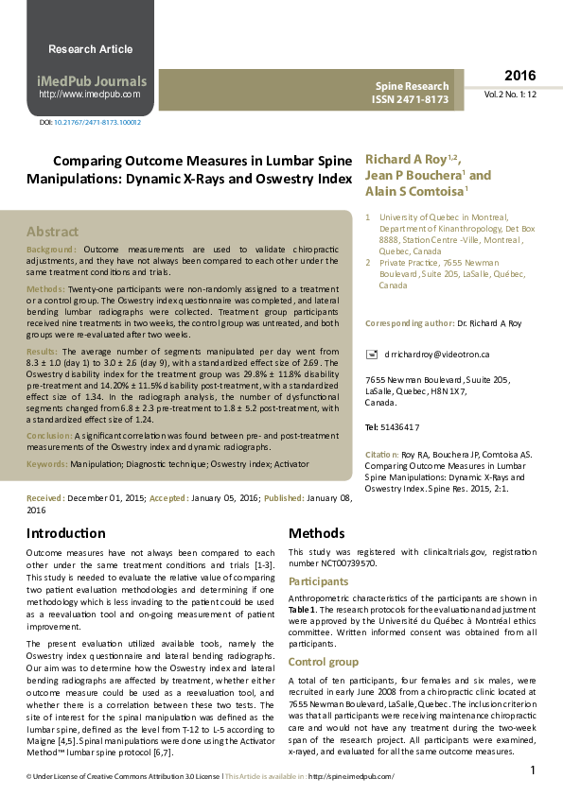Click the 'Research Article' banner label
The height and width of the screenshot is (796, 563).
tap(90, 49)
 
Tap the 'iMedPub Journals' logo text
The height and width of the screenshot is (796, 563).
tap(91, 81)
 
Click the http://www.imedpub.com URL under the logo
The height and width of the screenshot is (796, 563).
tap(90, 95)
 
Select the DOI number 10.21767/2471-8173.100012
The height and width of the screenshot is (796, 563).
tap(97, 123)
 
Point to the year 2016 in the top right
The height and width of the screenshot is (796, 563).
tap(519, 76)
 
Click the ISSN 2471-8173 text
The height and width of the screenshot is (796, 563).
tap(409, 98)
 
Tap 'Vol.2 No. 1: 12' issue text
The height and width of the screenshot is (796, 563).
tap(510, 95)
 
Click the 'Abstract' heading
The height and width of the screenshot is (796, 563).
tap(52, 232)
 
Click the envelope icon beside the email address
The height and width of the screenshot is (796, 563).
tap(371, 354)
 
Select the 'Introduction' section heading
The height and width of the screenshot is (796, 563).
tap(65, 533)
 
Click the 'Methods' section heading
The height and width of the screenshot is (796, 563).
tap(316, 533)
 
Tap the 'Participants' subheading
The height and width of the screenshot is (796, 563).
tap(319, 581)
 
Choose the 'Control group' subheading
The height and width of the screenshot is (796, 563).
tap(324, 663)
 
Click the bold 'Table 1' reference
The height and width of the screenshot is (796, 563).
tap(304, 612)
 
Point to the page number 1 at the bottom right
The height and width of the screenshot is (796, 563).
tap(533, 770)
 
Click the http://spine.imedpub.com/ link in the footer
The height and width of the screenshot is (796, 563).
tap(351, 776)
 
